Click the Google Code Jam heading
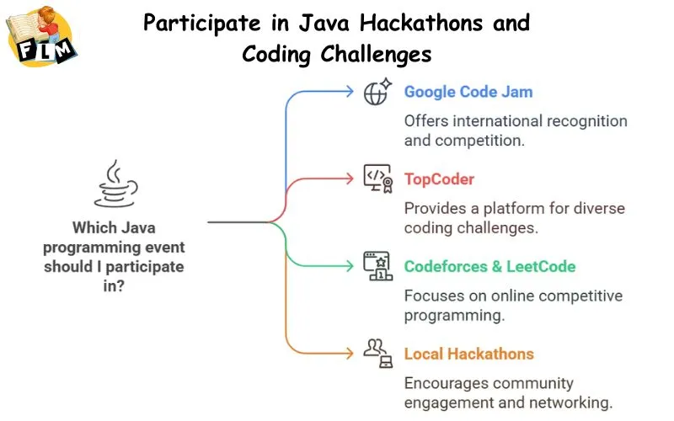coord(468,92)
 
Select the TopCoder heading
coord(439,179)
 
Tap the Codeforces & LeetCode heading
coord(489,267)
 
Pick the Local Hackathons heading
coord(468,354)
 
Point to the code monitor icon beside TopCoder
coord(377,179)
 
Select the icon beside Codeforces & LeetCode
coord(377,266)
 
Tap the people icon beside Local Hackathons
coord(377,353)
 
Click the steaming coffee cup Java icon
coord(115,185)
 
